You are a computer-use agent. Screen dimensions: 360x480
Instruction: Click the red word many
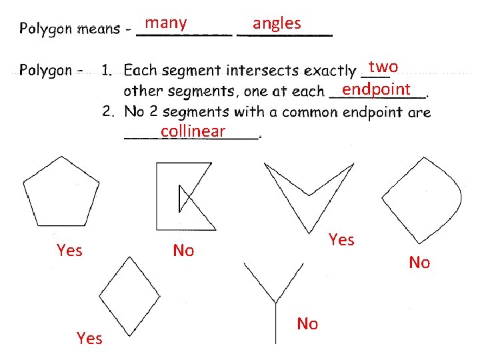pyautogui.click(x=166, y=23)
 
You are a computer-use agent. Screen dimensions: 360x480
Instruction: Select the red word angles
pyautogui.click(x=277, y=23)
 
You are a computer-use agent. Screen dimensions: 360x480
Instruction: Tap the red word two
pyautogui.click(x=383, y=67)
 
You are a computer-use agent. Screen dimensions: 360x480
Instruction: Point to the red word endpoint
pyautogui.click(x=376, y=89)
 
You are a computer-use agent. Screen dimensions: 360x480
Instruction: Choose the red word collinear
pyautogui.click(x=193, y=131)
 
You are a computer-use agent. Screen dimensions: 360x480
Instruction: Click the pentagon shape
pyautogui.click(x=61, y=193)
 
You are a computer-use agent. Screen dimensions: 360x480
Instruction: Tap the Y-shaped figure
pyautogui.click(x=275, y=300)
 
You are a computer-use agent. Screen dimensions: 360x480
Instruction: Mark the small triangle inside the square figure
pyautogui.click(x=184, y=198)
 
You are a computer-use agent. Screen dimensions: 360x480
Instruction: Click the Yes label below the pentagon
pyautogui.click(x=69, y=251)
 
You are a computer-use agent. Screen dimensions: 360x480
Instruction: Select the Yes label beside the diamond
pyautogui.click(x=89, y=339)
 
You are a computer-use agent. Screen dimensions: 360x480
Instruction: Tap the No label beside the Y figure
pyautogui.click(x=307, y=324)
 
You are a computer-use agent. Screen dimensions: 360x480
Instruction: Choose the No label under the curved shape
pyautogui.click(x=419, y=263)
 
